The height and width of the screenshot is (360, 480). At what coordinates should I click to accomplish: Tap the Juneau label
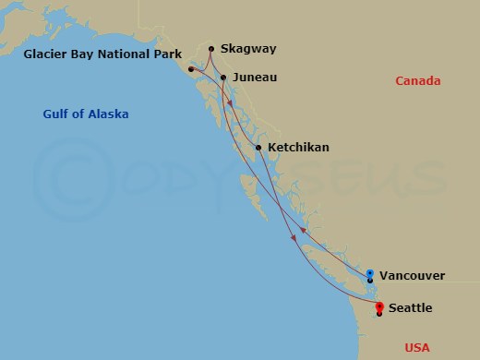coord(253,78)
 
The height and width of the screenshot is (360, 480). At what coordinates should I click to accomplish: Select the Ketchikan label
coord(298,147)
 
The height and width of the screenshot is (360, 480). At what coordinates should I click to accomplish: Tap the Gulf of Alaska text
coord(86,114)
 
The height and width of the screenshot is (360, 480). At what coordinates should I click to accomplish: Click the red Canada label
coord(417,81)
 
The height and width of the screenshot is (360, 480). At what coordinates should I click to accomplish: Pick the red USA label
coord(417,347)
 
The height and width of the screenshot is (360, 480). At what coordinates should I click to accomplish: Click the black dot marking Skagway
coord(211,49)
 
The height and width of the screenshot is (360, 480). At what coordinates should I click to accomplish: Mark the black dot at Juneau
coord(223,77)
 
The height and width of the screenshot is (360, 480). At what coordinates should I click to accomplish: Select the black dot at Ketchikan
coord(258,148)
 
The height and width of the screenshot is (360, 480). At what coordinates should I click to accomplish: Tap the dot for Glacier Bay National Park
coord(190,69)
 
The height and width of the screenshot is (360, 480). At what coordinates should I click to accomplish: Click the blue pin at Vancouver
coord(370,273)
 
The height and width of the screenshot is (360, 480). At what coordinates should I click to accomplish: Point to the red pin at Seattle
coord(379,307)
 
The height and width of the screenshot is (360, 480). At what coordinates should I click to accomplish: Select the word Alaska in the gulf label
coord(107,114)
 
